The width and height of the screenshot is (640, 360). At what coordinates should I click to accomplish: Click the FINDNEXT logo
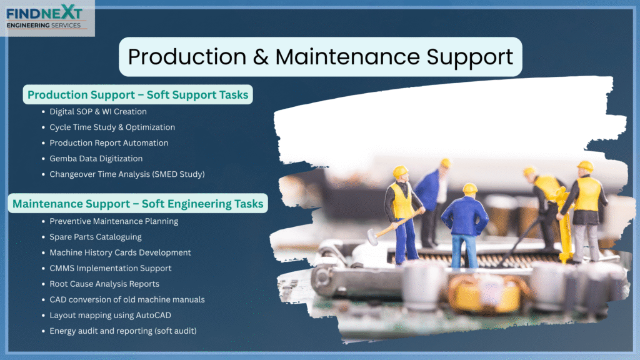click(x=45, y=18)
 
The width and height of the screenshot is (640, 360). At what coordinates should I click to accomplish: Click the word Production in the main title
click(x=187, y=57)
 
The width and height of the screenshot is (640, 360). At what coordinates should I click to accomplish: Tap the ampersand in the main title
click(x=261, y=57)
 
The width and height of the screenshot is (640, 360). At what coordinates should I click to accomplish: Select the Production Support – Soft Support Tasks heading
click(x=138, y=95)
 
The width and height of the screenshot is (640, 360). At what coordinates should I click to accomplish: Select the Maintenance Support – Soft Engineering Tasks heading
click(x=138, y=203)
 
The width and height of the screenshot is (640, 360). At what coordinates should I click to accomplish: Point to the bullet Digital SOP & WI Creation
click(x=98, y=111)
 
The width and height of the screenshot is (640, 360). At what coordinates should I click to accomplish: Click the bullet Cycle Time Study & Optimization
click(x=112, y=127)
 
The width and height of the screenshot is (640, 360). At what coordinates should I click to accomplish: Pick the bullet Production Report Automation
click(x=109, y=143)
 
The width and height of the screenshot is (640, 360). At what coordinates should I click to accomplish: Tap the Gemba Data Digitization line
click(x=96, y=158)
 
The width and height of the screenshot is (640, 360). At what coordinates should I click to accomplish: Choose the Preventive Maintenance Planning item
click(x=114, y=221)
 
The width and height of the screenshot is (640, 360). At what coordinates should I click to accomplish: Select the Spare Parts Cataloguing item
click(x=96, y=237)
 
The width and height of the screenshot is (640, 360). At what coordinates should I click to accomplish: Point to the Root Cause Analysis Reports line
click(x=104, y=284)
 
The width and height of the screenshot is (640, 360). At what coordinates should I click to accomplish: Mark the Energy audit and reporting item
click(x=123, y=331)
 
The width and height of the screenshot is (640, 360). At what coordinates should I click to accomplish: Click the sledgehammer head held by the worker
click(x=372, y=237)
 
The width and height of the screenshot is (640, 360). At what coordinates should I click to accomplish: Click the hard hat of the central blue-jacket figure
click(x=470, y=189)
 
